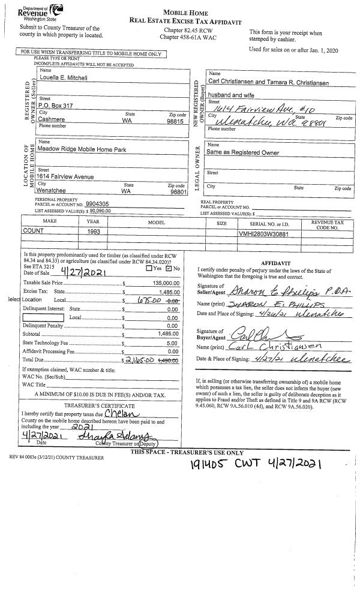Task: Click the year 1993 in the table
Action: tap(93, 232)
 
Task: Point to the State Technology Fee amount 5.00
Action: tap(174, 342)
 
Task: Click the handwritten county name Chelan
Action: tap(121, 413)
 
